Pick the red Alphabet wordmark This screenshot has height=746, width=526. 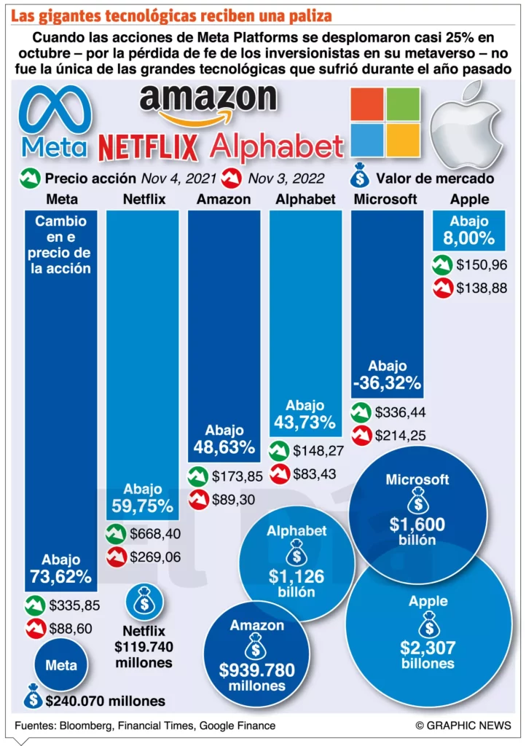click(x=275, y=147)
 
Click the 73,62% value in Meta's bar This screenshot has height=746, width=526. click(x=61, y=578)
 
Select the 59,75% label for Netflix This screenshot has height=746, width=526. click(x=143, y=506)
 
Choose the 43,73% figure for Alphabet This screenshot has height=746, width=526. click(x=305, y=422)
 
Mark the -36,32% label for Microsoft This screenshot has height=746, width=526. click(x=387, y=382)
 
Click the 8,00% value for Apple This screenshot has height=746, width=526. click(x=468, y=238)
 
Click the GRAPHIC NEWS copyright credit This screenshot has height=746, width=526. click(x=463, y=725)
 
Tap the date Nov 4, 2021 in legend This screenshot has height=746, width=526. click(x=178, y=178)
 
